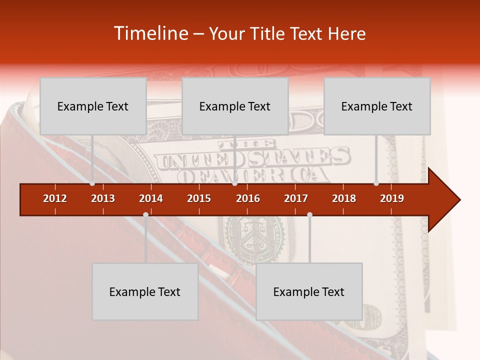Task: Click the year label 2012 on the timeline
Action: (55, 198)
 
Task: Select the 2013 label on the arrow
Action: (103, 198)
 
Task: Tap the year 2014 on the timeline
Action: (151, 198)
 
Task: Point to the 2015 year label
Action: (199, 198)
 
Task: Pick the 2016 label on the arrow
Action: (248, 198)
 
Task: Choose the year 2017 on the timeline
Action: (296, 198)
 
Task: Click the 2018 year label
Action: (344, 198)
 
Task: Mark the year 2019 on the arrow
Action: (392, 198)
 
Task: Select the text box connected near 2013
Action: (93, 106)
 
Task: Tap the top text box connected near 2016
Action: (235, 106)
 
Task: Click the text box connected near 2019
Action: (377, 106)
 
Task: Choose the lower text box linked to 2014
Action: (145, 291)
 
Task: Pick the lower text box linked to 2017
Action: (309, 291)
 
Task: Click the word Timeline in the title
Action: (150, 33)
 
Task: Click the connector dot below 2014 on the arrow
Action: (145, 214)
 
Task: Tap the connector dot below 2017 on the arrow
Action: (309, 214)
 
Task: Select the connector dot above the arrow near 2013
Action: (92, 183)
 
